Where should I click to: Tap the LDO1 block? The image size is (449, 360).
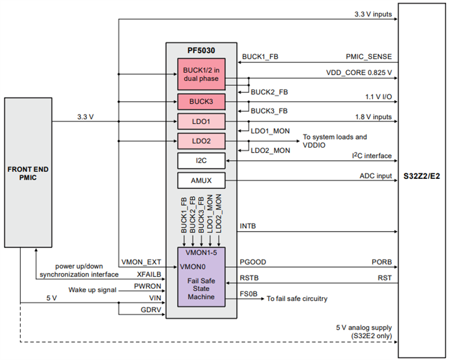[201, 121]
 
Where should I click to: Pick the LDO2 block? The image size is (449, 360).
[201, 140]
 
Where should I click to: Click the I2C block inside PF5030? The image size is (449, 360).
[201, 161]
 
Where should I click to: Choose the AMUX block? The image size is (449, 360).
[201, 180]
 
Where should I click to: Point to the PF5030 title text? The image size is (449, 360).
[201, 51]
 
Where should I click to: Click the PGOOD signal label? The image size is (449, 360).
[253, 262]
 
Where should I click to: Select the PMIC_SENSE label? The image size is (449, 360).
[369, 57]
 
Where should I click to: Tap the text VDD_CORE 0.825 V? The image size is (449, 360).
[359, 73]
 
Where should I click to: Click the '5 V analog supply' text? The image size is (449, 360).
[363, 327]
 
